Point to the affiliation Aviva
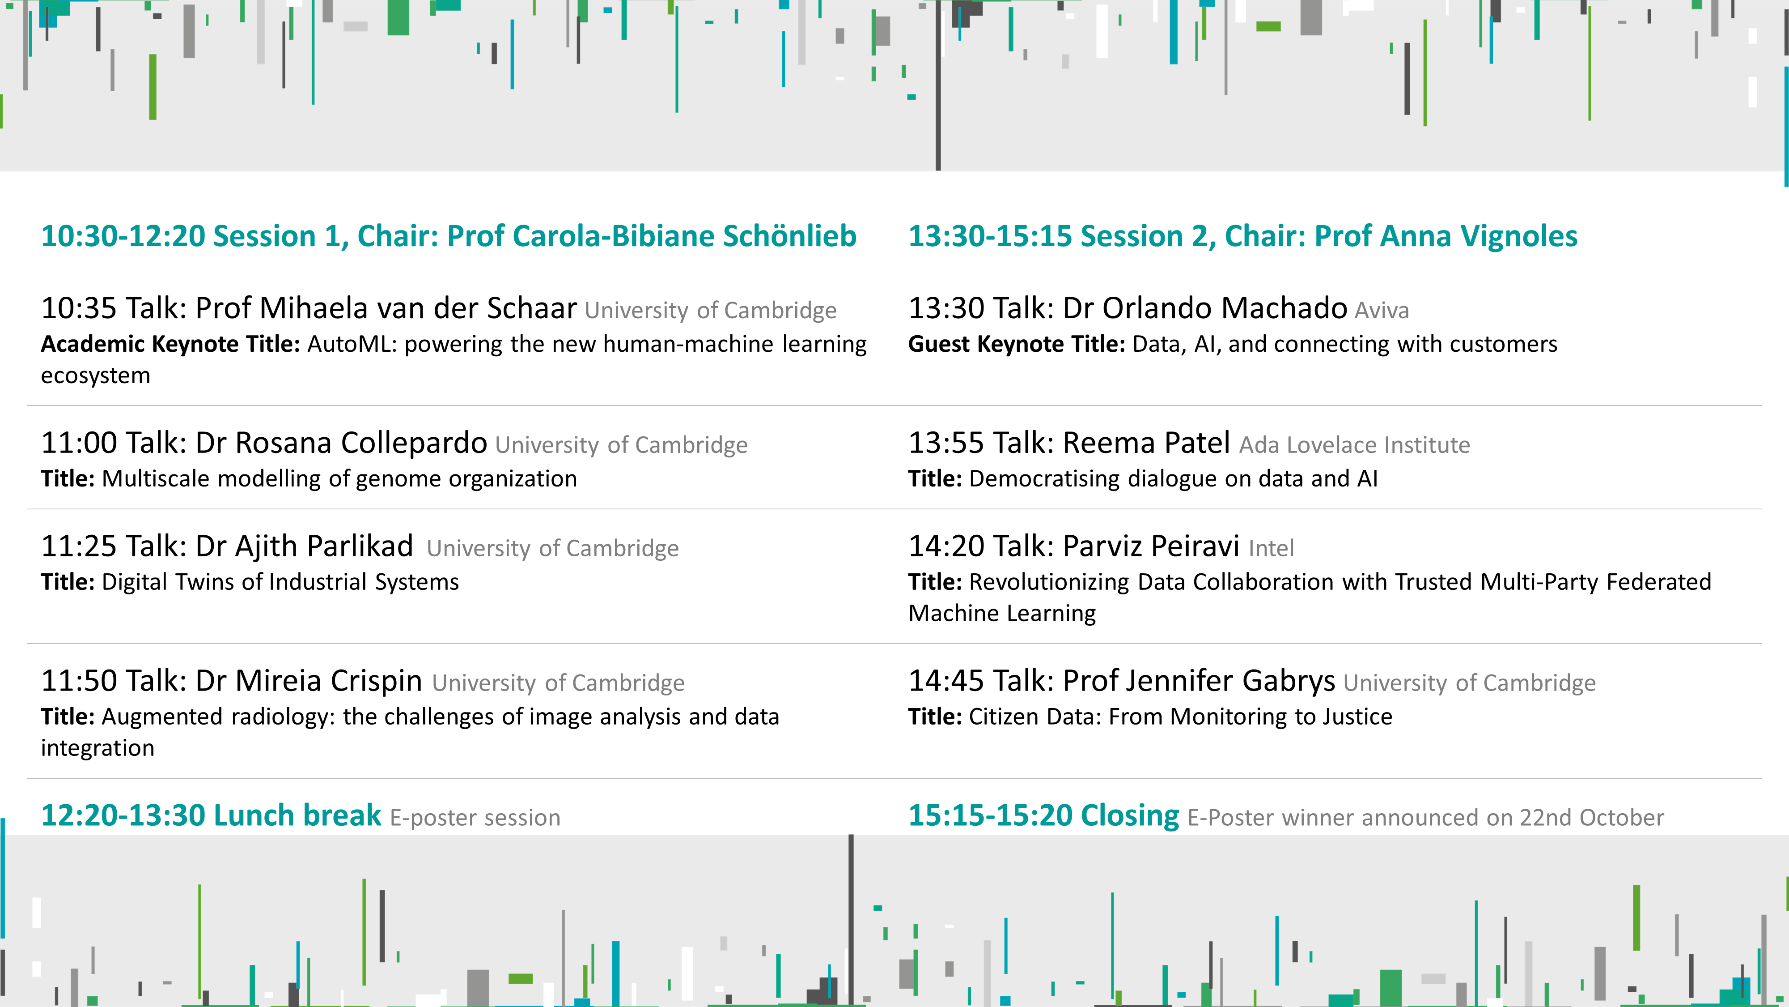click(x=1382, y=310)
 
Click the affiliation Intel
click(x=1272, y=548)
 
